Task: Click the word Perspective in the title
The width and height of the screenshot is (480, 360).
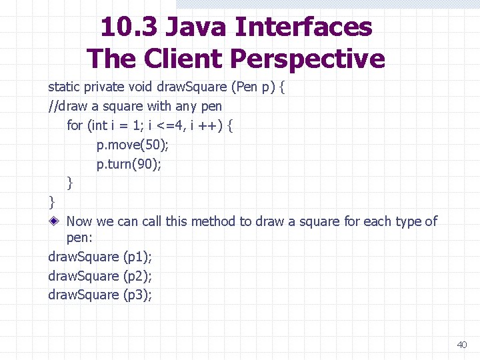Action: (307, 59)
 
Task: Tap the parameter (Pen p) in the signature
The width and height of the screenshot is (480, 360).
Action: (252, 87)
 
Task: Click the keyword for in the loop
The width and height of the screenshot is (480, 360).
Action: (75, 125)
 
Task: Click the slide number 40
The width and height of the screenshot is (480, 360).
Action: (462, 345)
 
